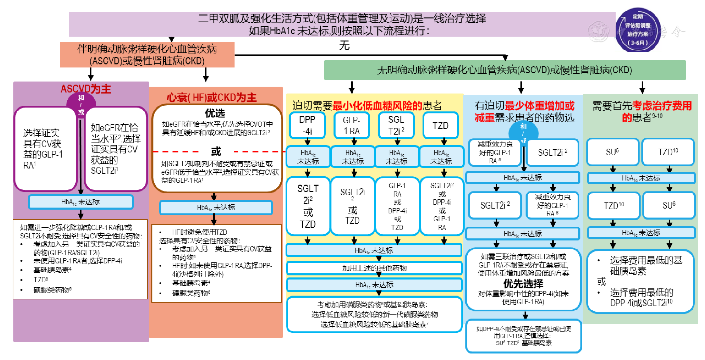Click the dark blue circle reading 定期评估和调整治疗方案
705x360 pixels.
638,30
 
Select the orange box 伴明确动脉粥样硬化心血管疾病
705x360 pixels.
147,55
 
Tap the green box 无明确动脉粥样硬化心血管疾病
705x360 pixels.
504,70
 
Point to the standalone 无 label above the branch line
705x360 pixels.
344,45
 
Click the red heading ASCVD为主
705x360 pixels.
86,89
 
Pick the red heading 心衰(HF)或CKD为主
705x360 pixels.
212,98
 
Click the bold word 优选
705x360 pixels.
215,113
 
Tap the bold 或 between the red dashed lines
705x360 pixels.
216,151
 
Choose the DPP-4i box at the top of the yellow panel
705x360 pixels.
307,125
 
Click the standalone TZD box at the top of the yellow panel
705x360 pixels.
440,126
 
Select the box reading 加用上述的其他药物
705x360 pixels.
374,268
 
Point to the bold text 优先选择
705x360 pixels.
523,284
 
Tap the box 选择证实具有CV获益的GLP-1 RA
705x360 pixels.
45,149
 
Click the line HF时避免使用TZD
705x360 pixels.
199,232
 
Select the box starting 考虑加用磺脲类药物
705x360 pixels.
374,314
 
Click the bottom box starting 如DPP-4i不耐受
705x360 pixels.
523,336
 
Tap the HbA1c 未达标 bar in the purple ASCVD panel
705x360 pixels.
80,202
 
